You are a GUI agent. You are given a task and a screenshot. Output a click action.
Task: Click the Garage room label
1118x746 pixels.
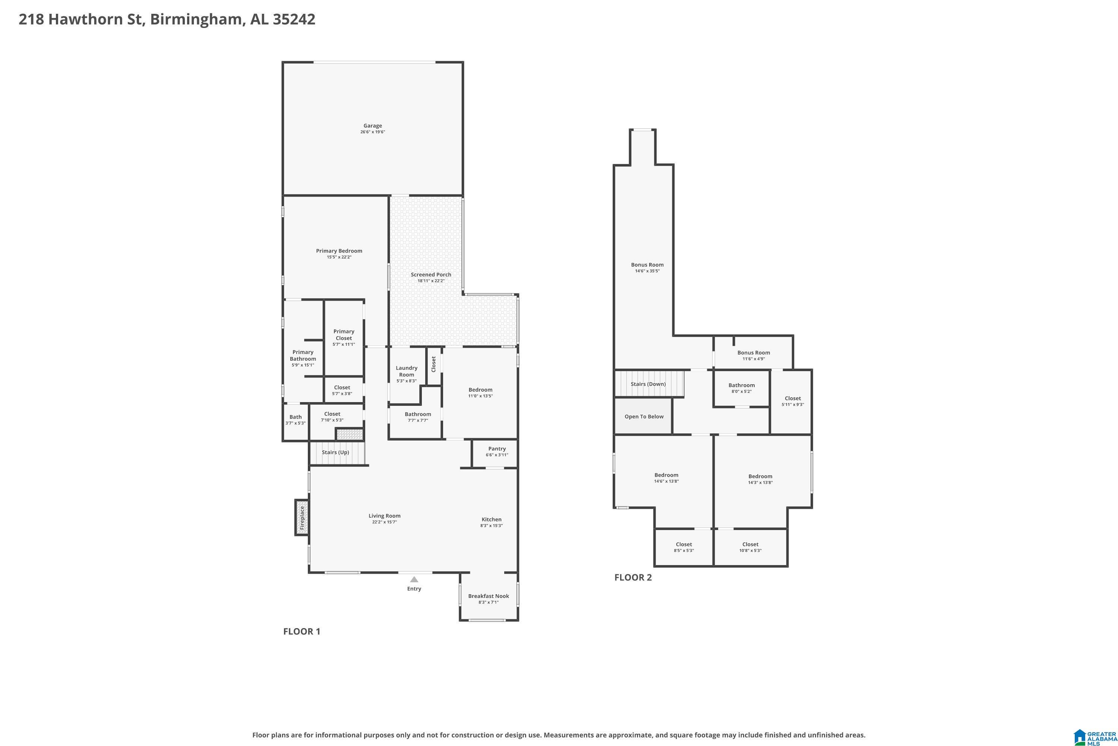[373, 126]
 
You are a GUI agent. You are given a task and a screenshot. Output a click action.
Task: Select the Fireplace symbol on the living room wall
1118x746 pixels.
[302, 517]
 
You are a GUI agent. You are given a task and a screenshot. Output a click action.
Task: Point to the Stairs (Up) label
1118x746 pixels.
[336, 452]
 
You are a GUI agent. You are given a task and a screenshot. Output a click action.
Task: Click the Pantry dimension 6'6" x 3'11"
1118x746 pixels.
[497, 455]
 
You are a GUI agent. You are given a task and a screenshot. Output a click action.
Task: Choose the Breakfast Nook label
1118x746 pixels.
[489, 596]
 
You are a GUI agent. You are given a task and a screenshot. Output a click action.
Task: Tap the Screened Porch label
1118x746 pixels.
[431, 275]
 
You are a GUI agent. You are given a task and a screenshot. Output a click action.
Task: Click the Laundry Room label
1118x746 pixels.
[407, 371]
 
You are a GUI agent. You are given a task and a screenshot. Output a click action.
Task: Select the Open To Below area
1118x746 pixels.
[644, 416]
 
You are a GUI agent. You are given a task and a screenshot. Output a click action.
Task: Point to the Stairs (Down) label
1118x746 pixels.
[648, 384]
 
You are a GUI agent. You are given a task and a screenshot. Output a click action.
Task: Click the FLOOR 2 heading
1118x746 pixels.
[633, 577]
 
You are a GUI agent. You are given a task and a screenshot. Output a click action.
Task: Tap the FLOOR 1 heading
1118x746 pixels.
[302, 631]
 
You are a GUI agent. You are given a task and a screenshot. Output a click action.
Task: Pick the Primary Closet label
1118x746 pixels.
[344, 335]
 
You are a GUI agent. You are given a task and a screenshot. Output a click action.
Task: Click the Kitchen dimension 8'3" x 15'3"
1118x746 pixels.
[492, 526]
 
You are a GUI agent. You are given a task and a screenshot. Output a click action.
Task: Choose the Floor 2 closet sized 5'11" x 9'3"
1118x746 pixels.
[791, 402]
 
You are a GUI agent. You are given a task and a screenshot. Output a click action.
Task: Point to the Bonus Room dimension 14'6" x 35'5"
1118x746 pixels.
[647, 271]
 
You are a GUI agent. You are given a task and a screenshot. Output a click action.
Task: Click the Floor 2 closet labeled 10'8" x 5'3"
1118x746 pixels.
[751, 547]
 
